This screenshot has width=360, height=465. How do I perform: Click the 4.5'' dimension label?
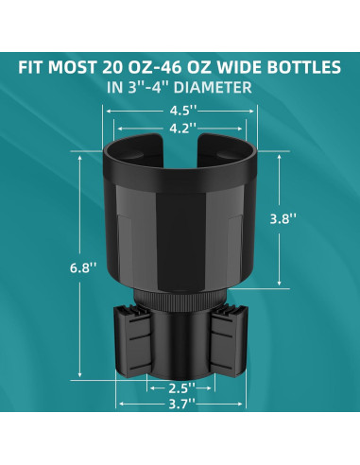point(183,111)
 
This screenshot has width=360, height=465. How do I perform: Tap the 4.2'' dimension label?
point(183,129)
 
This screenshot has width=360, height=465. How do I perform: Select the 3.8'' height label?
point(283,218)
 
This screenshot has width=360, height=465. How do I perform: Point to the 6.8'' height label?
point(83,268)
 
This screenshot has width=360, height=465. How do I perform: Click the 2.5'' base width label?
point(182,388)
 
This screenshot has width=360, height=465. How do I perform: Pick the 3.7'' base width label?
point(182,404)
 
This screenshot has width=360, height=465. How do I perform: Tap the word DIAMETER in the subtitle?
point(213,87)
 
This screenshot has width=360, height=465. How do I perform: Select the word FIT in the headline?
point(31,67)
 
